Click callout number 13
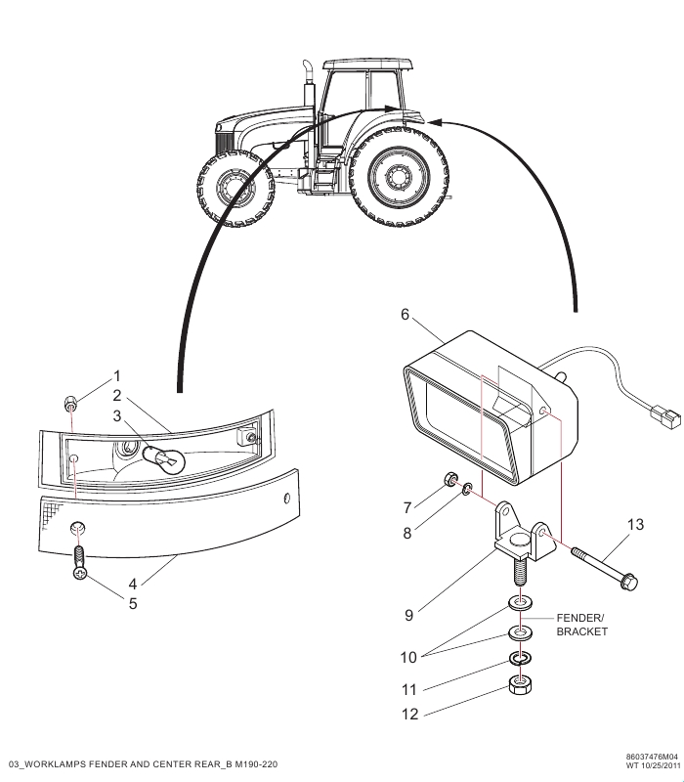coord(636,524)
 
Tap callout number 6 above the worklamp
coord(405,314)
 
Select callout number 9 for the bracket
coord(408,615)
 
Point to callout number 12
coord(409,714)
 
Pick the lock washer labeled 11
coord(520,658)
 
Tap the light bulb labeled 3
coord(164,457)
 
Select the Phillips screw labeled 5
coord(80,564)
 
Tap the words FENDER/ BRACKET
coord(581,625)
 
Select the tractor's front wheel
coord(235,188)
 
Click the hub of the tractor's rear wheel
coord(399,176)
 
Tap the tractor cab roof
coord(368,65)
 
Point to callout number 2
coord(117,396)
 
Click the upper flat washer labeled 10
coord(521,604)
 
